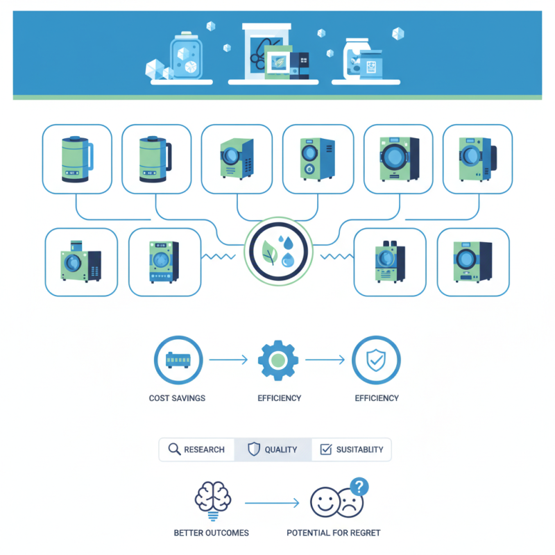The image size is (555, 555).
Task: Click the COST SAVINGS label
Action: click(177, 398)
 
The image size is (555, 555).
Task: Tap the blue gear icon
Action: click(278, 360)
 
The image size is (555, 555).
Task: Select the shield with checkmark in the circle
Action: click(376, 360)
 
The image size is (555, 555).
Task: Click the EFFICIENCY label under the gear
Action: click(279, 398)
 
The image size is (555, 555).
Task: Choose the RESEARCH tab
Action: click(197, 450)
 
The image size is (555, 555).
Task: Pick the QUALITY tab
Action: click(273, 450)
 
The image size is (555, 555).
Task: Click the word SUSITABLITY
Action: click(359, 450)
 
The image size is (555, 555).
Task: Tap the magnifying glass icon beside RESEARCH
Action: click(174, 450)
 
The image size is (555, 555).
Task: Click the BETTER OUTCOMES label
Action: click(211, 533)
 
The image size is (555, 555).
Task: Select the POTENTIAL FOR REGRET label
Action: click(334, 533)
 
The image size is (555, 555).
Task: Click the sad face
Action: click(350, 504)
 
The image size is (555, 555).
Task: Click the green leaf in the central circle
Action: click(268, 255)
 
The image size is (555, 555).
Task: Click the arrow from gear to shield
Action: click(325, 360)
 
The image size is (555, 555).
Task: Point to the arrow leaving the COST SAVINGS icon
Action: click(228, 360)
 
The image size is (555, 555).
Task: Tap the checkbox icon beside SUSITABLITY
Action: click(325, 450)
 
